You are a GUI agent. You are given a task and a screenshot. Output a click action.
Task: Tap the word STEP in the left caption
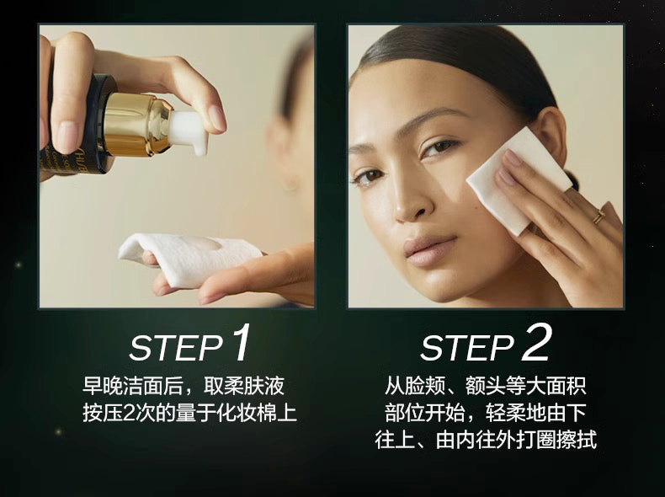point(175,348)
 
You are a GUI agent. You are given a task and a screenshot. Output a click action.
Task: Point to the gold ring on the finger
point(599,218)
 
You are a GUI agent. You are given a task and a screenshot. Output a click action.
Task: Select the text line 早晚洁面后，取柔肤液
point(183,387)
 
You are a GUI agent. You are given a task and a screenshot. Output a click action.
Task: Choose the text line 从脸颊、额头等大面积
point(486,387)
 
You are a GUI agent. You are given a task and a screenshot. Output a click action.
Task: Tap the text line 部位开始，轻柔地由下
point(486,414)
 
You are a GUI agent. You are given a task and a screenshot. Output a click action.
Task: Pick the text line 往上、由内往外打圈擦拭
point(486,440)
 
